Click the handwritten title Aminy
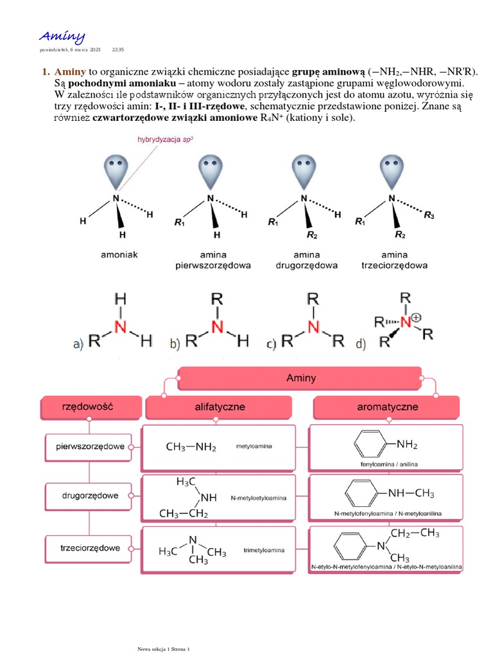[62, 36]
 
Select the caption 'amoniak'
[119, 254]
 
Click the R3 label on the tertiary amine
[429, 217]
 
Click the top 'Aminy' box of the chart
[301, 378]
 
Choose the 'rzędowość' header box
[91, 406]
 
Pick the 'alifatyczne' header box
[219, 407]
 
